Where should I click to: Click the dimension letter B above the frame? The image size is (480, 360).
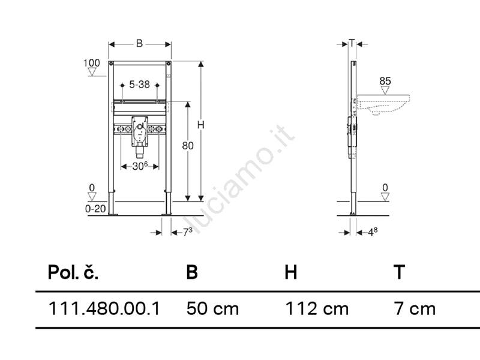tap(139, 43)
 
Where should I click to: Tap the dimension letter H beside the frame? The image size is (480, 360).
tap(201, 125)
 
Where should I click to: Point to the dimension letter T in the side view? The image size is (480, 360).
tap(352, 43)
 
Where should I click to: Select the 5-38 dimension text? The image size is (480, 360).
tap(139, 84)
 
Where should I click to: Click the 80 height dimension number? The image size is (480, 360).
tap(188, 146)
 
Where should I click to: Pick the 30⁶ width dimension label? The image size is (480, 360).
tap(140, 166)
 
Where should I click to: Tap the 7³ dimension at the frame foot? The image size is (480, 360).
tap(188, 232)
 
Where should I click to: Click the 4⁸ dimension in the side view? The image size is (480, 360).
tap(373, 232)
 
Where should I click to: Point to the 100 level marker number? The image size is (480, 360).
tap(92, 63)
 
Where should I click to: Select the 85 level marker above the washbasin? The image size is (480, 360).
tap(385, 81)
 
